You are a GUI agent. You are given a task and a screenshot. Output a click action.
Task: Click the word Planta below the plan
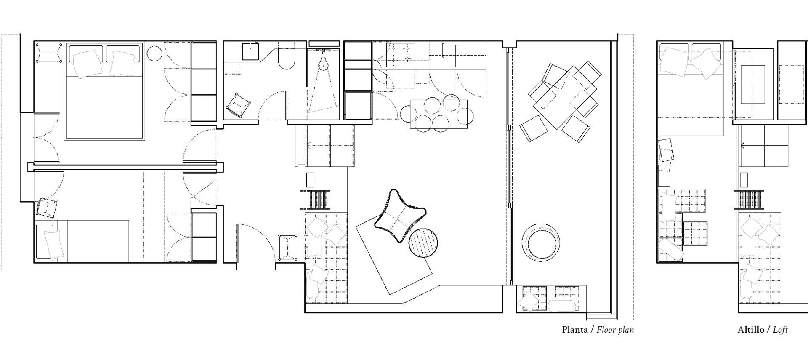575,330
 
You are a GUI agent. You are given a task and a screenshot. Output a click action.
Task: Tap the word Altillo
751,330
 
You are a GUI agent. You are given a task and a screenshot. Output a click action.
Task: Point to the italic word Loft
780,330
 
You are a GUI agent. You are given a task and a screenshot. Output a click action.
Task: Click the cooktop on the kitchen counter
401,55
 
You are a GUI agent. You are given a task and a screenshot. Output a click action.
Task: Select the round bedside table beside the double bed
154,53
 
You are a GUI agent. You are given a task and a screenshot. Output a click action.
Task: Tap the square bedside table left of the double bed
49,53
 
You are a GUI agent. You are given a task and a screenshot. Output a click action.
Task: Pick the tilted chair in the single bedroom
47,207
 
